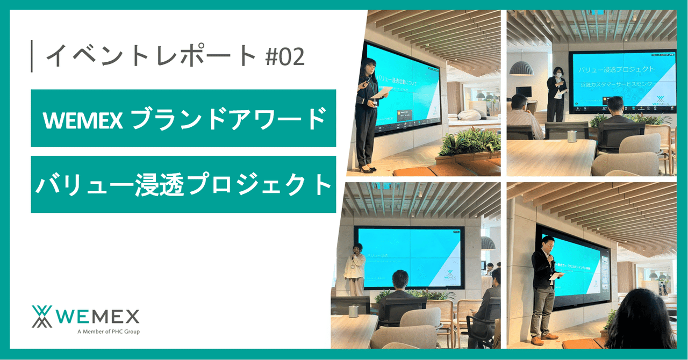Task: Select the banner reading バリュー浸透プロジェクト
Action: point(183,184)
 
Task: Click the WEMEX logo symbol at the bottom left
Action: point(42,316)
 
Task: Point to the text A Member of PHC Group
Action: point(108,332)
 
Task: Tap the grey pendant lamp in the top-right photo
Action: point(521,68)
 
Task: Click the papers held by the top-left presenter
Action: point(381,95)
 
